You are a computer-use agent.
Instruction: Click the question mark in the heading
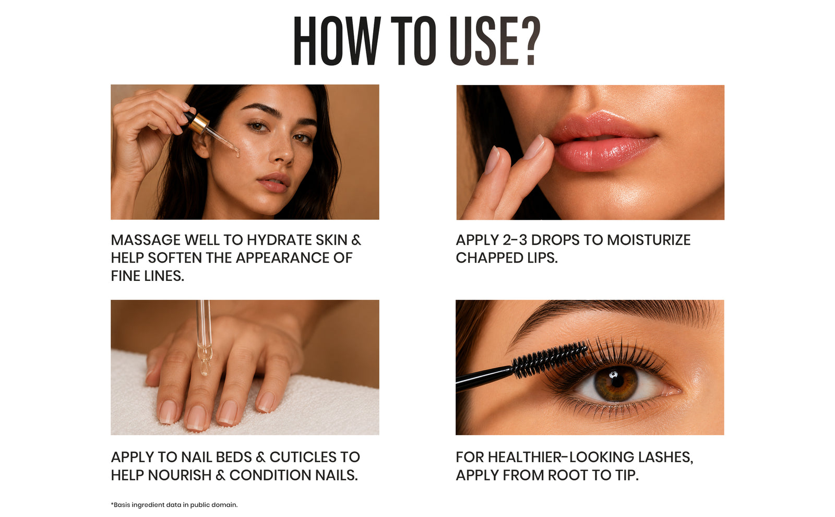click(x=528, y=41)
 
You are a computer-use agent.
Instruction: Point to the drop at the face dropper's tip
click(x=238, y=153)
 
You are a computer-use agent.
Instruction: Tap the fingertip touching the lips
click(x=539, y=147)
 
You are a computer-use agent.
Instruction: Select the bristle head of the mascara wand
click(x=550, y=360)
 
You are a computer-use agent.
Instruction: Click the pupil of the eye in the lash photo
click(x=617, y=380)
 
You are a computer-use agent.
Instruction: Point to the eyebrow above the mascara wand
click(x=611, y=315)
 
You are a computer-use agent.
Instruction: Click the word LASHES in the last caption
click(x=665, y=457)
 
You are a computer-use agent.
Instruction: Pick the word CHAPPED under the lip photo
click(x=488, y=258)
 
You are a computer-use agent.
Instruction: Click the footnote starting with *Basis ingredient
click(x=174, y=505)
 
